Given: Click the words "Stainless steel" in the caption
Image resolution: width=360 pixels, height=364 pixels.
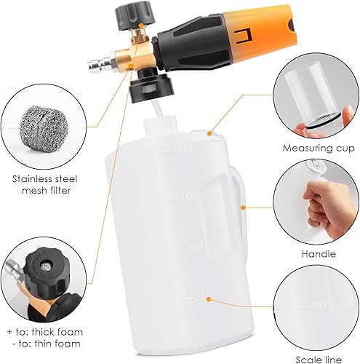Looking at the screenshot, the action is pyautogui.click(x=45, y=179).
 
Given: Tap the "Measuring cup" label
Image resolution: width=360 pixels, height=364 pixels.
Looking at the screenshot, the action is pyautogui.click(x=319, y=149).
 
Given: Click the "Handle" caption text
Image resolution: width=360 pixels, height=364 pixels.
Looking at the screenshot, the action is pyautogui.click(x=319, y=254).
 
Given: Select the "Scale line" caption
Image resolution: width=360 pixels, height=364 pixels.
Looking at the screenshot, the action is pyautogui.click(x=319, y=360).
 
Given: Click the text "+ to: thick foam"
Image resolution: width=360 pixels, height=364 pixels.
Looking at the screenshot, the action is pyautogui.click(x=45, y=332).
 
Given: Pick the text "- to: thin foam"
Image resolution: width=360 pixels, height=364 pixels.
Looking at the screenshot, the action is pyautogui.click(x=47, y=344).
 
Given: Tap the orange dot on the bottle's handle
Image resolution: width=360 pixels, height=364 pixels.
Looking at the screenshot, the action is pyautogui.click(x=244, y=207).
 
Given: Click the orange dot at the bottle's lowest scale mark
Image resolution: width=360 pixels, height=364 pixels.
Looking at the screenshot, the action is pyautogui.click(x=208, y=299).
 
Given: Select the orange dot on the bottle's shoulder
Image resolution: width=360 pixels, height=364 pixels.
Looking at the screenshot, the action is pyautogui.click(x=209, y=133).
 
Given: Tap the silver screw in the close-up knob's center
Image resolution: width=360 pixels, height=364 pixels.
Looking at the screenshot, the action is pyautogui.click(x=46, y=267).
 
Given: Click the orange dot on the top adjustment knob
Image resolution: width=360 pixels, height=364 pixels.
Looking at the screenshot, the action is pyautogui.click(x=141, y=25).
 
